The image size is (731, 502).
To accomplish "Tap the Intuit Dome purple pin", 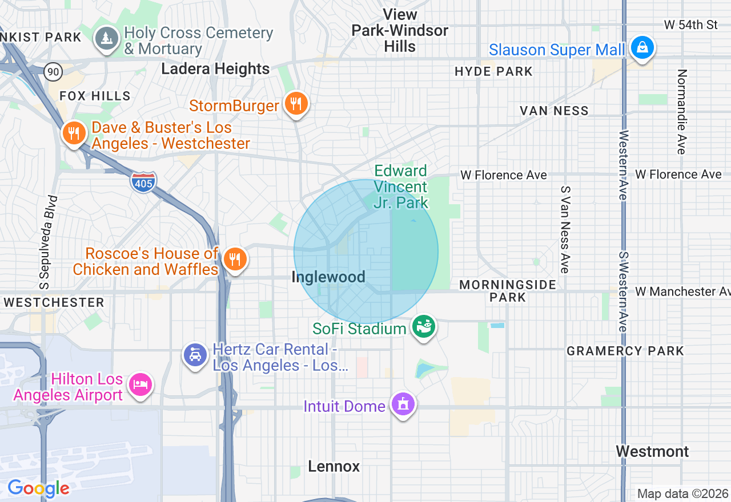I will [403, 404].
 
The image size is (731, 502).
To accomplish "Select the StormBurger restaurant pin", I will [296, 104].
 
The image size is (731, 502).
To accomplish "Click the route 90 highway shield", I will [53, 71].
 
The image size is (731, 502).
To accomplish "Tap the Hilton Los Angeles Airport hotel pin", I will [140, 384].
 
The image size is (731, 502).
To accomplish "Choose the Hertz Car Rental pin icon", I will [195, 355].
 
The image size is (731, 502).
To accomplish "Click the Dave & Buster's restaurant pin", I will [74, 133].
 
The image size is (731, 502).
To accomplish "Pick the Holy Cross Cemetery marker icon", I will [106, 39].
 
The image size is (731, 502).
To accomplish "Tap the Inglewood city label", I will [328, 277].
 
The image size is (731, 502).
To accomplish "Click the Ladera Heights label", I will [215, 69].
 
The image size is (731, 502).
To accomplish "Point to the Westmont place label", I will [652, 452].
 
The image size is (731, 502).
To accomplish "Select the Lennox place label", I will [334, 467].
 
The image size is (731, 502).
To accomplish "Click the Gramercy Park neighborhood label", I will [625, 351].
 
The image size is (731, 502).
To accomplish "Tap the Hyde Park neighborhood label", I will [494, 71].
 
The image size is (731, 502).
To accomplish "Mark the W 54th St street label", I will [691, 25].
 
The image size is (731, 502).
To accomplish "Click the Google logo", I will [38, 488].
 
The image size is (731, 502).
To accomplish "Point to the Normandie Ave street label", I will [681, 112].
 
